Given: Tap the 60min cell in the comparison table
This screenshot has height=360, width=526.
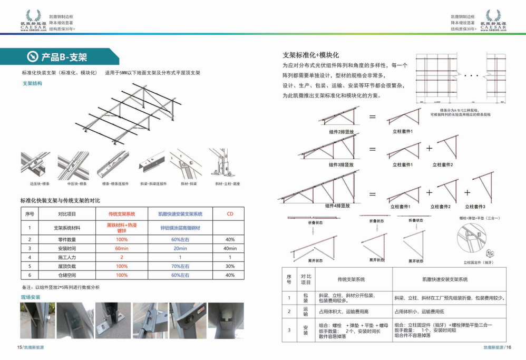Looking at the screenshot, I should pyautogui.click(x=122, y=248).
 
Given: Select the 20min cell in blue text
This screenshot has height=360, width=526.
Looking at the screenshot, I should pyautogui.click(x=180, y=248).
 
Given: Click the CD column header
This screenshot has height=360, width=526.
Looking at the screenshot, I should pyautogui.click(x=230, y=214).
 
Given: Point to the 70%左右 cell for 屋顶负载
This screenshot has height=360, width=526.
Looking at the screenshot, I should pyautogui.click(x=180, y=266).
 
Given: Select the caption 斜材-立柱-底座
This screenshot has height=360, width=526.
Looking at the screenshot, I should pyautogui.click(x=227, y=184).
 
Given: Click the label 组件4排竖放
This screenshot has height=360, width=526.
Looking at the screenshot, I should pyautogui.click(x=337, y=206).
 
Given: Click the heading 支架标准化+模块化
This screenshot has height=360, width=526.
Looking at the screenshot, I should pyautogui.click(x=310, y=55).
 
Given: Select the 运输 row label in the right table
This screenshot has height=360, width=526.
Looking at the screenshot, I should pyautogui.click(x=305, y=312).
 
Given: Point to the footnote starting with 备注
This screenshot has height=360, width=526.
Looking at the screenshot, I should pyautogui.click(x=61, y=287).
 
